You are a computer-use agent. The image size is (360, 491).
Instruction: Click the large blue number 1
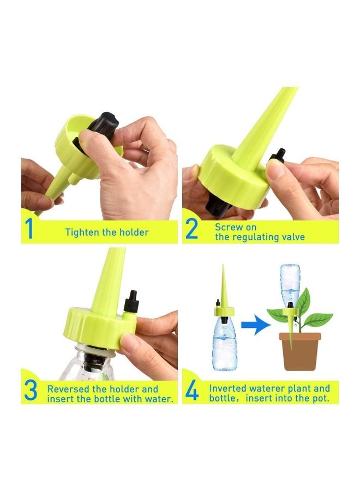point(29,230)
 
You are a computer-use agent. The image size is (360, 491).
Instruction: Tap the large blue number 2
point(191,230)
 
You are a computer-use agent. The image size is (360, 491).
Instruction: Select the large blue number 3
point(31,391)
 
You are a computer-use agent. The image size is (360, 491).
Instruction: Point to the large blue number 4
point(192,391)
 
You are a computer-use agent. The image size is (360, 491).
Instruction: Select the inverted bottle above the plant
point(290,286)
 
